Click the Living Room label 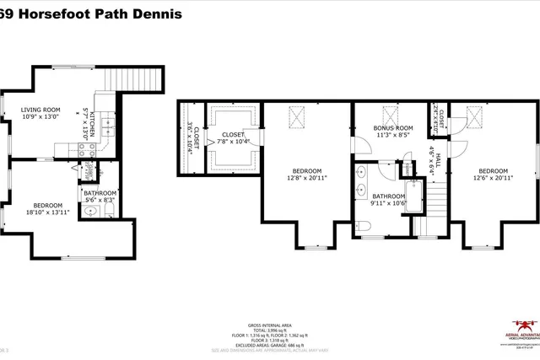point(40,109)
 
